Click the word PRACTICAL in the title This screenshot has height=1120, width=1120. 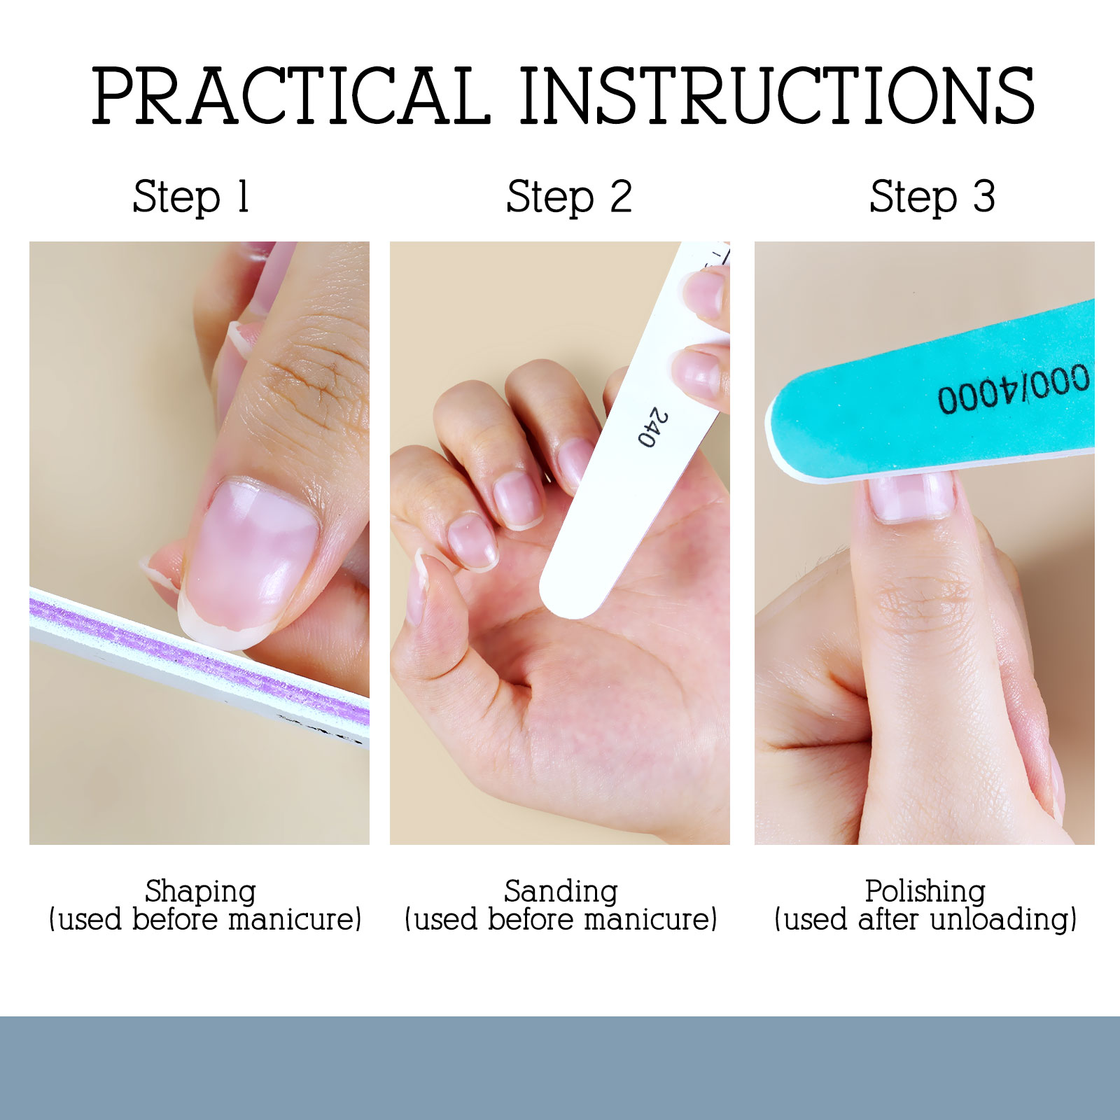(290, 96)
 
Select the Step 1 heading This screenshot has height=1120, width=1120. (191, 197)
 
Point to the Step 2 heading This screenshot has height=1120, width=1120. (569, 197)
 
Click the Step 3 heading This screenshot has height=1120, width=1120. (932, 197)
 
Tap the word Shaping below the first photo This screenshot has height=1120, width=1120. (200, 892)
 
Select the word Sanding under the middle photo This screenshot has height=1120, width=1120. (561, 892)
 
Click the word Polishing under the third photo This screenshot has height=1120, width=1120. (925, 892)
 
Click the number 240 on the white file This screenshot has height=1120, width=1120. (653, 427)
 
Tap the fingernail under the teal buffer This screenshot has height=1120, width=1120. (910, 497)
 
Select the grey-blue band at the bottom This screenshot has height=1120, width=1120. (560, 1067)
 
